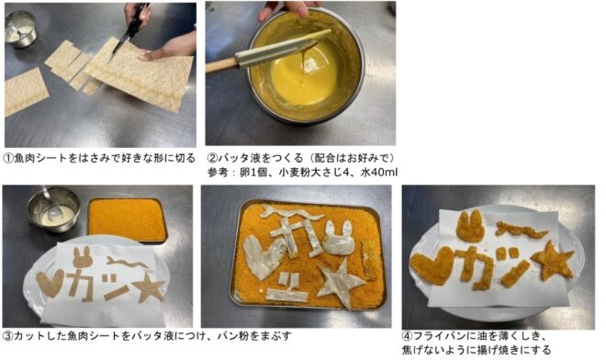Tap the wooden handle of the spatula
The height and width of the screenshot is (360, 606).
click(220, 65)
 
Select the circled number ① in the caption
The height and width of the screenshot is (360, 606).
click(8, 158)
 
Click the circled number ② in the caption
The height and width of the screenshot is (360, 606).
click(213, 158)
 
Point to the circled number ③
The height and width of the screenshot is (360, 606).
click(7, 335)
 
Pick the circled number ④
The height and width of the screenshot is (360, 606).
click(408, 335)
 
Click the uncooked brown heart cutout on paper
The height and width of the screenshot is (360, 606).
click(50, 283)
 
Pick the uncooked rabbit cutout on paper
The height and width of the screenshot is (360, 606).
click(82, 257)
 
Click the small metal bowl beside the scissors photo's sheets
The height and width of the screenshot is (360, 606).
click(21, 29)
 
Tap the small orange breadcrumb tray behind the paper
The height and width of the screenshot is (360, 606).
click(128, 219)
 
